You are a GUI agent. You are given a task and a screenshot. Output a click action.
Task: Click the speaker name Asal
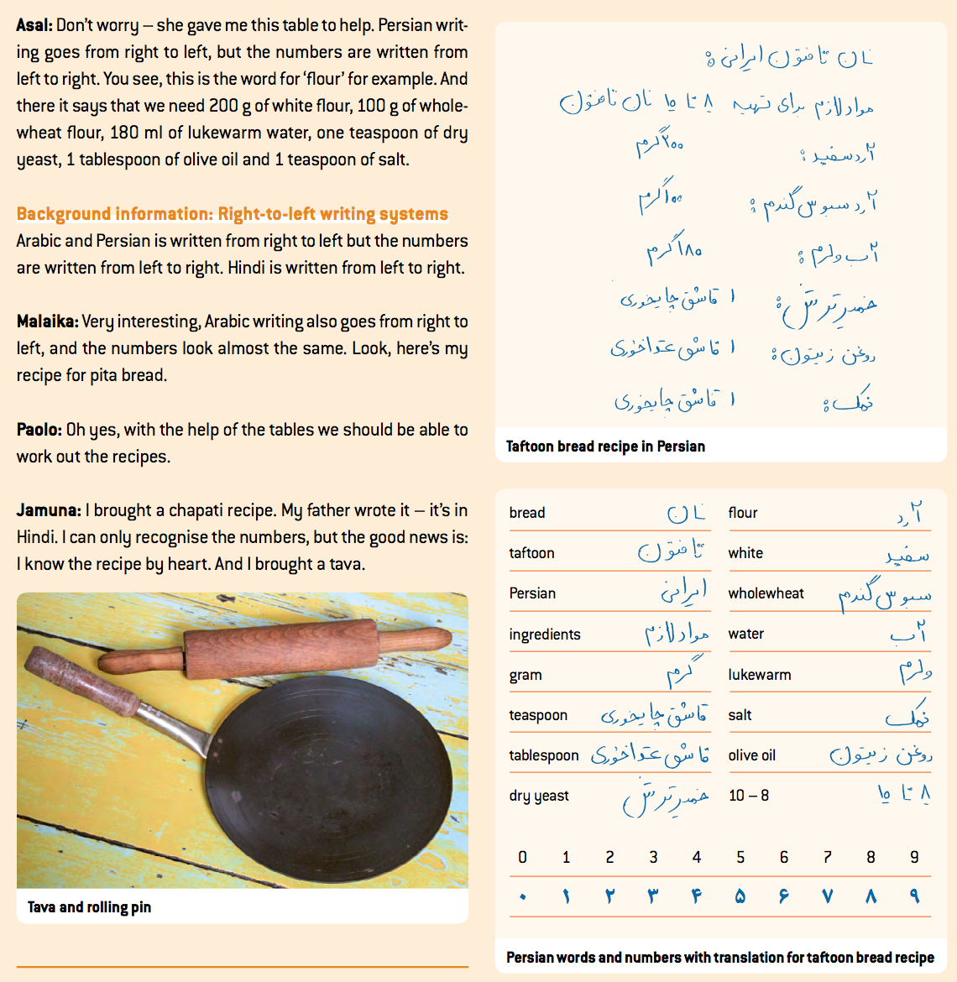click(34, 25)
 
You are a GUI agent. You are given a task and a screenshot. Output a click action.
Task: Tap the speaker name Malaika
click(47, 321)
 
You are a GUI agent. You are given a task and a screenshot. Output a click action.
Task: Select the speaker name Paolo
click(38, 430)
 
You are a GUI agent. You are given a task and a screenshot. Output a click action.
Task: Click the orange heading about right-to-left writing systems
click(232, 214)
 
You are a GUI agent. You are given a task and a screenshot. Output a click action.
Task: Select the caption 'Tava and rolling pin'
click(89, 907)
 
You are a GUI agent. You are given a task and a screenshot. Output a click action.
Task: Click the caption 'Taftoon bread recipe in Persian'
click(605, 447)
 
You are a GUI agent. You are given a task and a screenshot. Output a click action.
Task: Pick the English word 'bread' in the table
click(527, 513)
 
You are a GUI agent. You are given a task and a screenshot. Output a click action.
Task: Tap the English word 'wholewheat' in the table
click(766, 593)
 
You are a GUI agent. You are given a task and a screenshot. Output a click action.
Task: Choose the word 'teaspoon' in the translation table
click(538, 715)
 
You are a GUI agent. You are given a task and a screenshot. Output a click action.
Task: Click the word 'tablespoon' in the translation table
click(543, 755)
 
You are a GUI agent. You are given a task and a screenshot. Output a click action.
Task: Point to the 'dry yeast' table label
click(539, 796)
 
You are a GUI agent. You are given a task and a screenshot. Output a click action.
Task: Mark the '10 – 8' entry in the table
click(749, 796)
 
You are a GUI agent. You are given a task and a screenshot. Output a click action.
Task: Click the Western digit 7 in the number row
click(827, 857)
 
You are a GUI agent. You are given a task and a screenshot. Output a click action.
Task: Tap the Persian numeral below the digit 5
click(740, 896)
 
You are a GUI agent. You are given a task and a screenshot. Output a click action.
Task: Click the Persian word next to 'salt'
click(907, 715)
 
